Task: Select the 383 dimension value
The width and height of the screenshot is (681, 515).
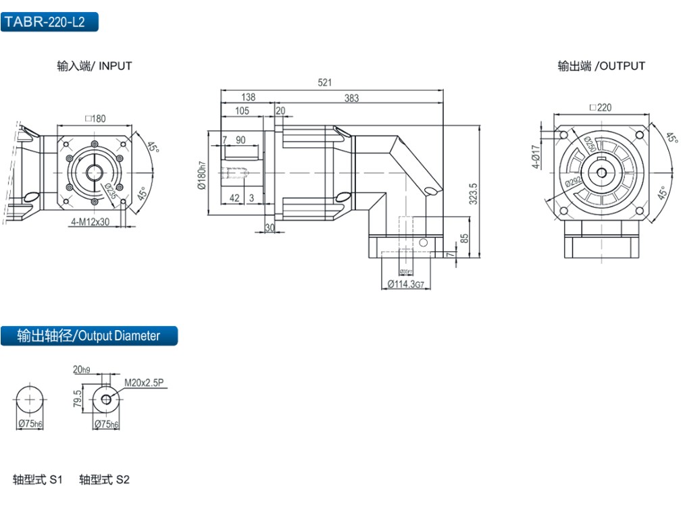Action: click(351, 98)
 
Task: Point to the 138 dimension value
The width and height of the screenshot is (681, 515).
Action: click(248, 97)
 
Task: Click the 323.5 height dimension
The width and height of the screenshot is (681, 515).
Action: click(474, 193)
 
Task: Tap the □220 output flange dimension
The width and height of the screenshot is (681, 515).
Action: click(600, 107)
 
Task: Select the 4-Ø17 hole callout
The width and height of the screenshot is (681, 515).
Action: click(535, 157)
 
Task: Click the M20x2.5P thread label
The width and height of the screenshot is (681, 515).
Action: click(144, 383)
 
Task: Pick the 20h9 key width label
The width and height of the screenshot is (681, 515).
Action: click(80, 369)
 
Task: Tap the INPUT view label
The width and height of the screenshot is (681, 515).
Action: click(95, 66)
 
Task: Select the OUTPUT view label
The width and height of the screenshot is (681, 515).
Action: click(601, 66)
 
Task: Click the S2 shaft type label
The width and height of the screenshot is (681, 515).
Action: click(104, 480)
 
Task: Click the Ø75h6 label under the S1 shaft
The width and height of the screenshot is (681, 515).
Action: click(30, 424)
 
